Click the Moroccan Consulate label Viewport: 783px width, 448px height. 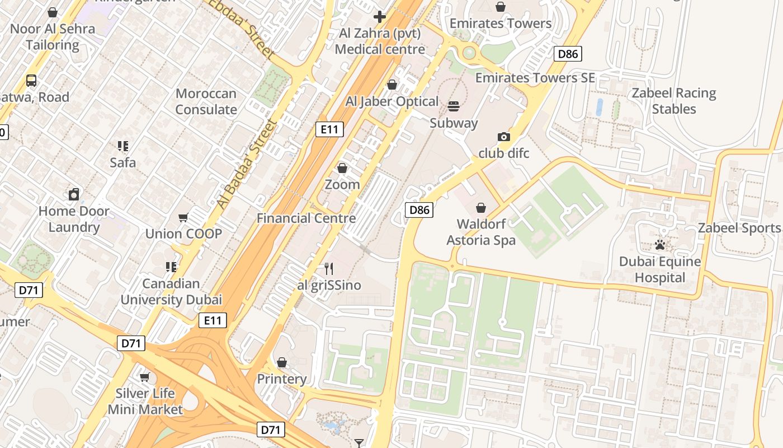pos(206,101)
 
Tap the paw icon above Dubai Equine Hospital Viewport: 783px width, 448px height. pos(660,245)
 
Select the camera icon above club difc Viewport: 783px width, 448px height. pos(503,137)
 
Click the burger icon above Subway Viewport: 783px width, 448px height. pos(453,106)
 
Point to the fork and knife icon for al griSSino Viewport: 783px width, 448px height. pos(329,269)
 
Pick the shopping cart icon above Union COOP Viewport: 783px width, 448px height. pos(183,217)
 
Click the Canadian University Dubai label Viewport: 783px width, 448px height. pos(171,291)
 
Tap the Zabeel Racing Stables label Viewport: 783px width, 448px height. pos(673,101)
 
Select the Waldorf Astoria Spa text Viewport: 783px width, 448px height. pos(481,232)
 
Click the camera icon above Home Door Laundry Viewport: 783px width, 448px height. pos(74,194)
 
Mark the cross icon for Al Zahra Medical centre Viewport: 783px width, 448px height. pos(380,17)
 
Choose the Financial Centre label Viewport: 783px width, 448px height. pos(306,218)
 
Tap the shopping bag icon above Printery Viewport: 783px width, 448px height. pos(282,362)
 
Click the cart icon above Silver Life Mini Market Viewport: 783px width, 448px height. pos(145,377)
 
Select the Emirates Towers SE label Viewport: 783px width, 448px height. pos(535,78)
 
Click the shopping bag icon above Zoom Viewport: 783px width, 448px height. pos(342,168)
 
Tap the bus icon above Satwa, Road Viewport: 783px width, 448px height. pos(31,81)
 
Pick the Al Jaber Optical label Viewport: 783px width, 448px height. pos(391,101)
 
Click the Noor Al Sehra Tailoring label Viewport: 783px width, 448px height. pos(53,36)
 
